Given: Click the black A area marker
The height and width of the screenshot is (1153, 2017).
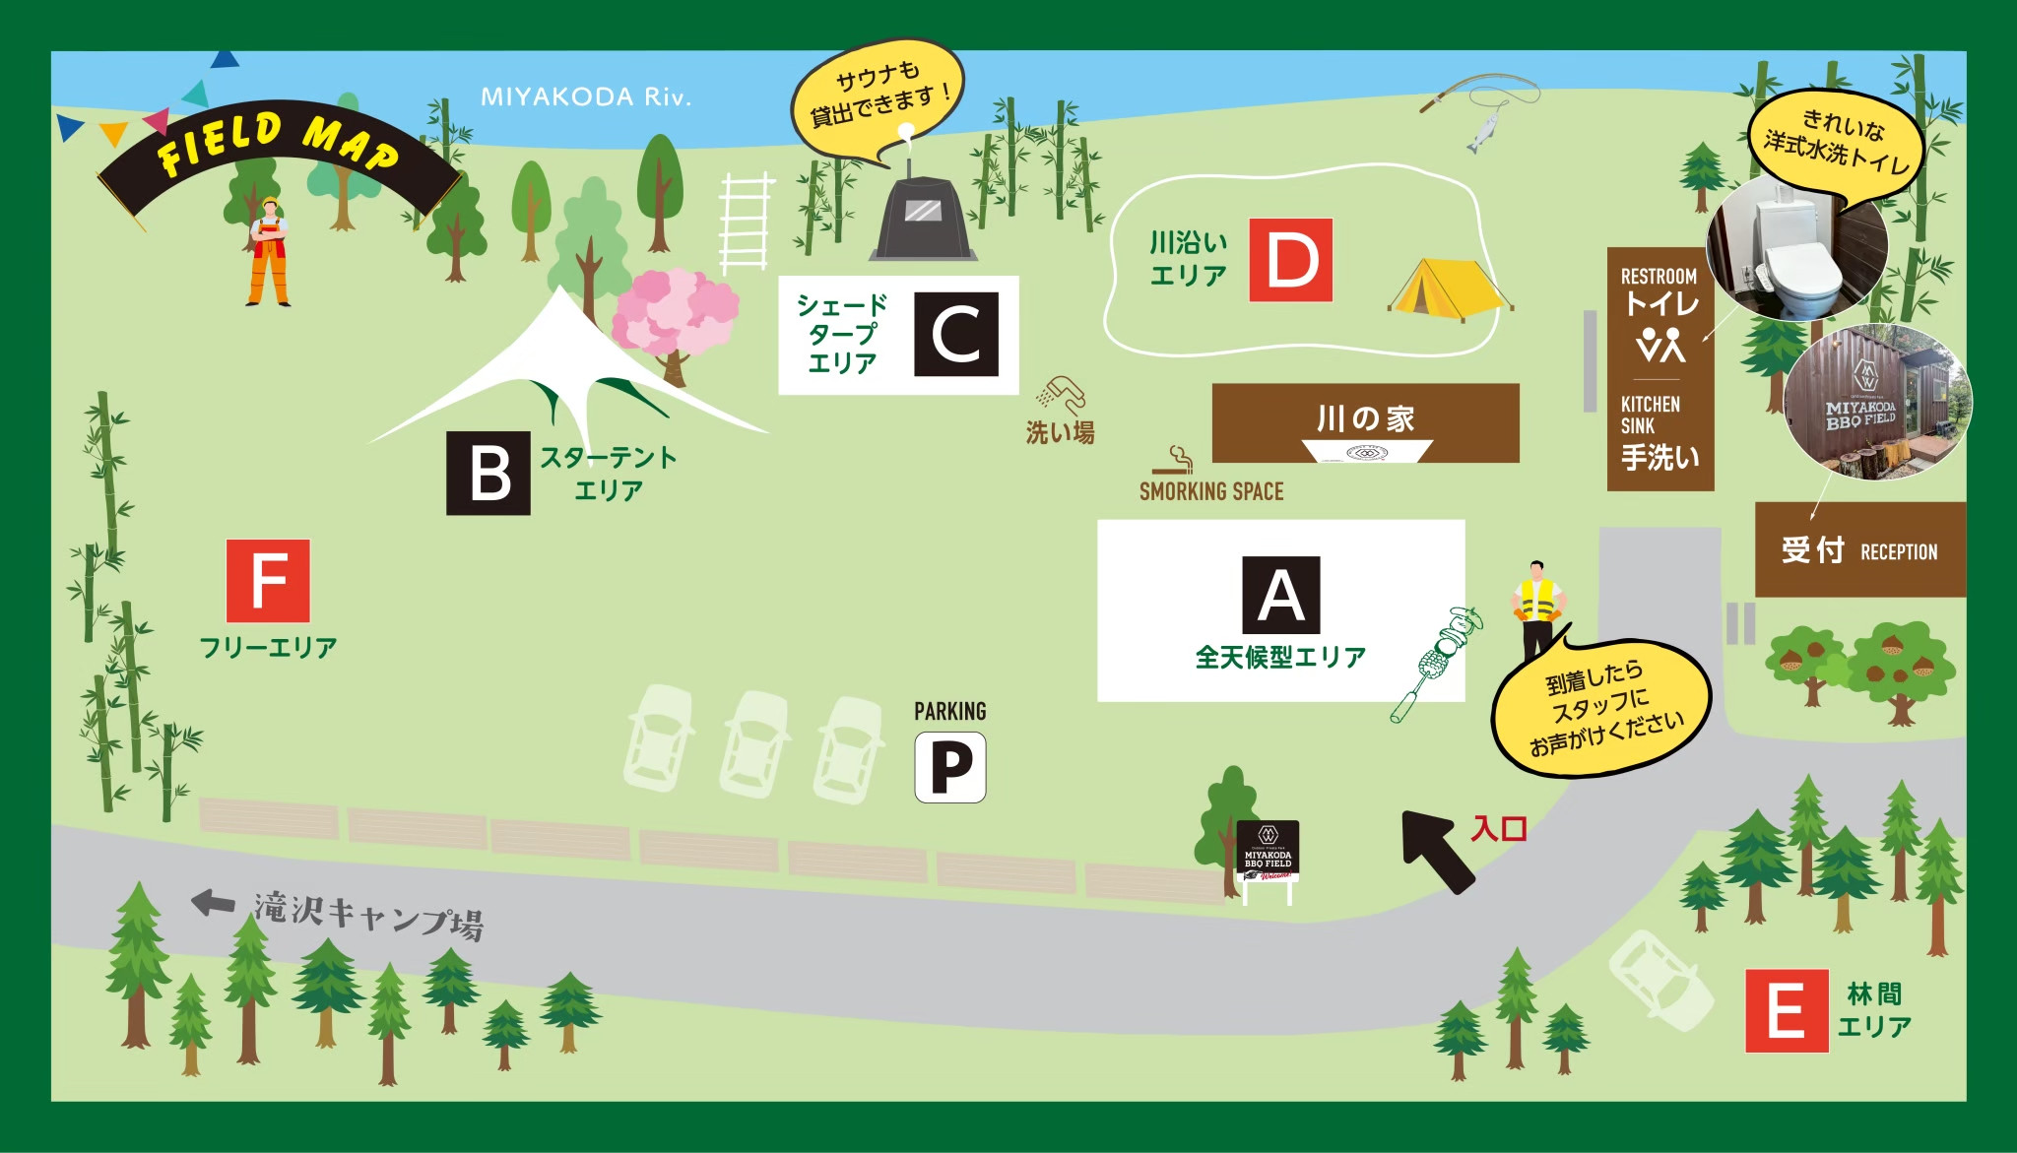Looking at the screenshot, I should [1280, 595].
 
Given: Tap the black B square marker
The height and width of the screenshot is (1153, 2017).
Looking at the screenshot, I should [488, 473].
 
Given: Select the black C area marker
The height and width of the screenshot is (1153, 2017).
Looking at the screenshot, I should [956, 334].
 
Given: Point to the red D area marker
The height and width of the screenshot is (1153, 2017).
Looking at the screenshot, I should [1291, 260].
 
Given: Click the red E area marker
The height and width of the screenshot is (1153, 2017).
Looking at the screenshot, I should [1787, 1010].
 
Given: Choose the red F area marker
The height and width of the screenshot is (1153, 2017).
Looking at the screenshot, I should [268, 581].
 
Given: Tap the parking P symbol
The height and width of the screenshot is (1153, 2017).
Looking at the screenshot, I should [950, 767].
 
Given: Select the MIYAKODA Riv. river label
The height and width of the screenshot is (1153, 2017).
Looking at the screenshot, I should [586, 96].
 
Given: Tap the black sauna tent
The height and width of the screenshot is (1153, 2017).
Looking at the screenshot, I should [923, 219].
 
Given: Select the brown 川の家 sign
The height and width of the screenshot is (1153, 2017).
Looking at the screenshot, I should [1365, 419].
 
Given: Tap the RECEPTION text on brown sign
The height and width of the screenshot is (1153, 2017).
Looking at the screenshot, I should [1898, 552].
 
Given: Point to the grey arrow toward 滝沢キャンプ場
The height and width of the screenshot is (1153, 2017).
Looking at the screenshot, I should [212, 902].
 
